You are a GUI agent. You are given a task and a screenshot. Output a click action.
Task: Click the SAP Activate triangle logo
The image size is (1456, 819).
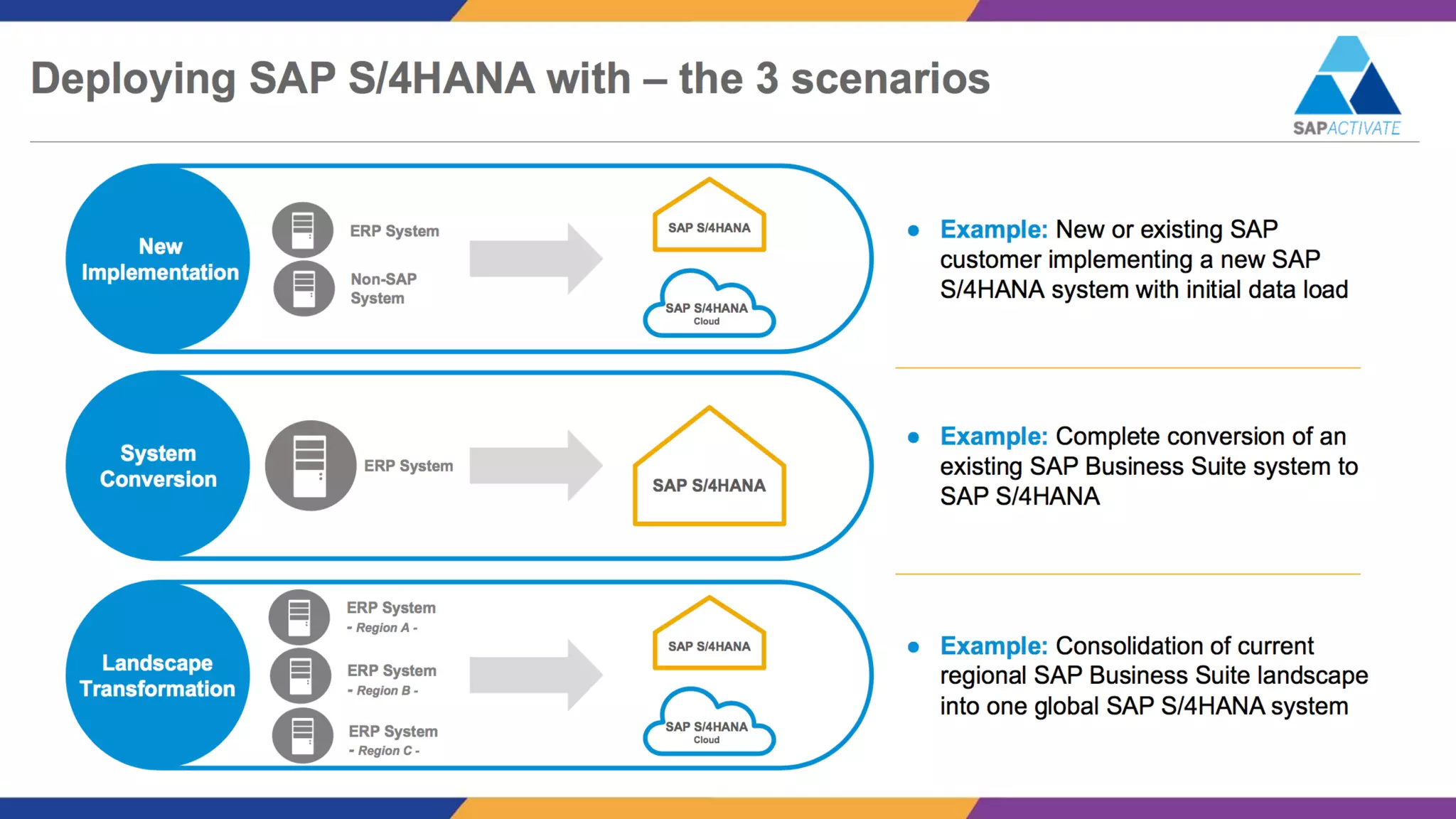[1347, 77]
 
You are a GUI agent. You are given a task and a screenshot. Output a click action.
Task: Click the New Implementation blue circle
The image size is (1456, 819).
[158, 259]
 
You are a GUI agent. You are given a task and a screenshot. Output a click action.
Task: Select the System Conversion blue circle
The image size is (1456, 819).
[158, 466]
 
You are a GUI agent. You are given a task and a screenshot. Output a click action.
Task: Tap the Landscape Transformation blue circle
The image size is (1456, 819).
[158, 675]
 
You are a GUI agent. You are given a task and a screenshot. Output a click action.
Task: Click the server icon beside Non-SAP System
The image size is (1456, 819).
[304, 289]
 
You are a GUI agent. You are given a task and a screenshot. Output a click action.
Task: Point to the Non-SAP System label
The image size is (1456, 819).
[383, 289]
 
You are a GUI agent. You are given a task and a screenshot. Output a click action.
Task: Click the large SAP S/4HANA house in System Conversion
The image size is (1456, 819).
[709, 476]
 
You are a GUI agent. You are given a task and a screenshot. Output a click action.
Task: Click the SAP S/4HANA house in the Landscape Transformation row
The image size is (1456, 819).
[709, 637]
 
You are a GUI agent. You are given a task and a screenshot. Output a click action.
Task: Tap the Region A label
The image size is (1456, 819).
[382, 628]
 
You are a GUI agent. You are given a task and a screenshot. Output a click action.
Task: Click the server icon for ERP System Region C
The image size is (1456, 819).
[303, 736]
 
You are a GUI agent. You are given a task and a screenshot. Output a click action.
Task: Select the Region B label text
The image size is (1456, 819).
[383, 690]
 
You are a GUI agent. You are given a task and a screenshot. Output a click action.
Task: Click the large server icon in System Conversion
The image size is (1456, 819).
[310, 466]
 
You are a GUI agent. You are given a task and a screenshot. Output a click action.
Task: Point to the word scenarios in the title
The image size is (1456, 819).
[890, 78]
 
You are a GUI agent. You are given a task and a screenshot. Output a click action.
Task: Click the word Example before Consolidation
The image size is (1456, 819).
[993, 646]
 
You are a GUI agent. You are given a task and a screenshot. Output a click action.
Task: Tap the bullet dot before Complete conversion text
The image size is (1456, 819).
[914, 437]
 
